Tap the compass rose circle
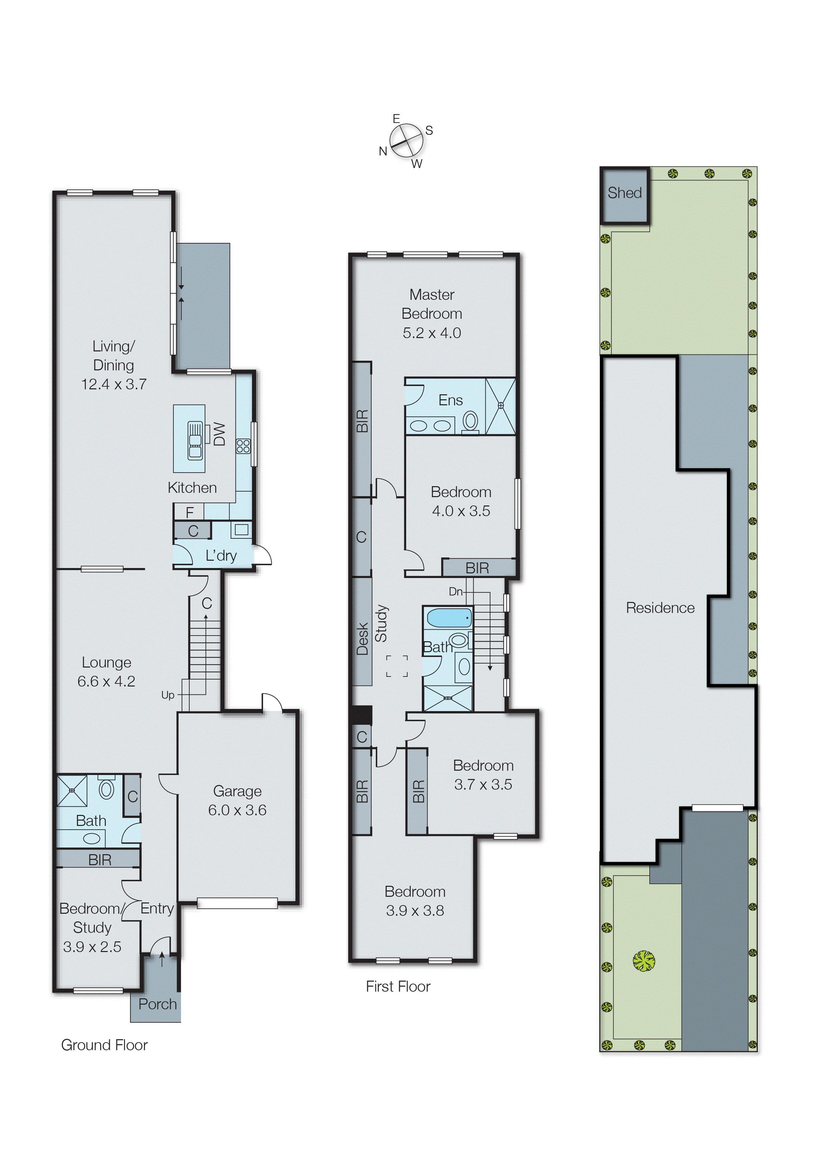pyautogui.click(x=407, y=140)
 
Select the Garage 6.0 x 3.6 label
pyautogui.click(x=237, y=800)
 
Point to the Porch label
pyautogui.click(x=157, y=1004)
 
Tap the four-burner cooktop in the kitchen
pyautogui.click(x=243, y=446)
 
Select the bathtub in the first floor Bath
pyautogui.click(x=449, y=618)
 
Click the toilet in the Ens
pyautogui.click(x=470, y=422)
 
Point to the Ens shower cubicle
pyautogui.click(x=500, y=406)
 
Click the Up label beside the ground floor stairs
pyautogui.click(x=168, y=694)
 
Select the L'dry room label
pyautogui.click(x=221, y=555)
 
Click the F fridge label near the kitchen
pyautogui.click(x=190, y=512)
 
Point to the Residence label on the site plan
pyautogui.click(x=660, y=608)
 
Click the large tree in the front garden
pyautogui.click(x=644, y=961)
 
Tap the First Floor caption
pyautogui.click(x=398, y=987)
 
